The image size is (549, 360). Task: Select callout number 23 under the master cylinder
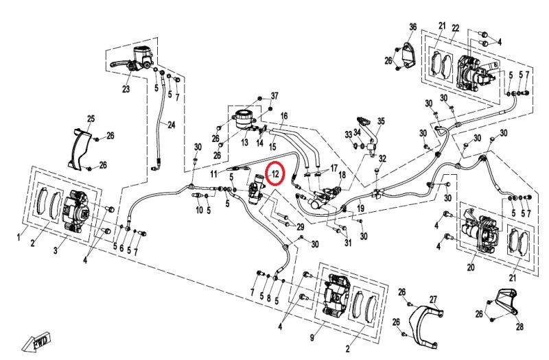(126, 89)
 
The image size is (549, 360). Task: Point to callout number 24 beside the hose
(172, 125)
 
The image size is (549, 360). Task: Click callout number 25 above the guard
(91, 119)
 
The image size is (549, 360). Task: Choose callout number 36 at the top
(412, 27)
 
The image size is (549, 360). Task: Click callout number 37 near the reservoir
(274, 95)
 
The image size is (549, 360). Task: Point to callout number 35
(382, 121)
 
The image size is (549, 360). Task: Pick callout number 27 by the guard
(433, 299)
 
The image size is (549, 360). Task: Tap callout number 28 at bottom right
(519, 326)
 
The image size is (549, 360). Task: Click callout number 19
(361, 207)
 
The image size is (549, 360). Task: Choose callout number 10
(199, 210)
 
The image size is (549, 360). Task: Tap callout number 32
(383, 158)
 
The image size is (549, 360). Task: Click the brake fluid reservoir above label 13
(244, 118)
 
